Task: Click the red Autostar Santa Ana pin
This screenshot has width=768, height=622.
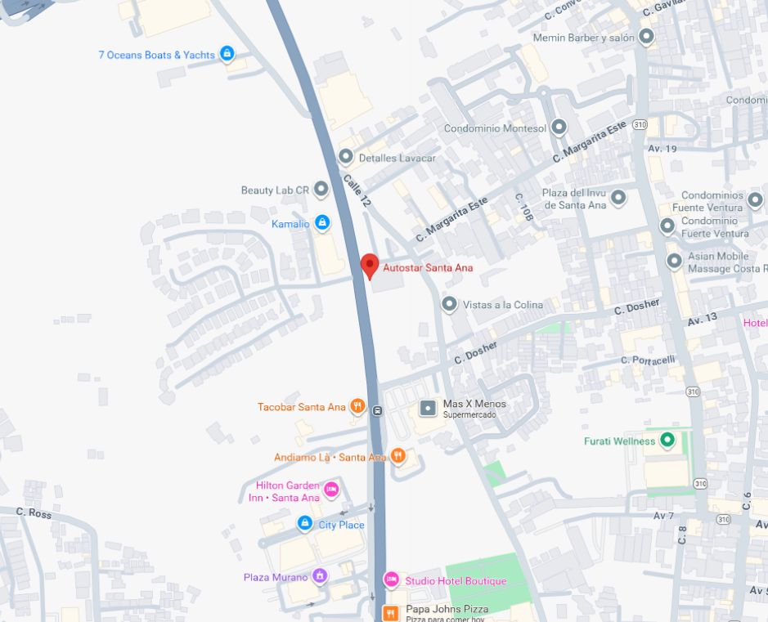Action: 370,266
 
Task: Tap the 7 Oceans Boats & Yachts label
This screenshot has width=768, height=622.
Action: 156,55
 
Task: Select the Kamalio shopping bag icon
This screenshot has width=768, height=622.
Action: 322,222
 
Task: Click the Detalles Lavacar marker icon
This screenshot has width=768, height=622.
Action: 346,157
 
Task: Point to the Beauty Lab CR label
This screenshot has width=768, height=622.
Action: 275,190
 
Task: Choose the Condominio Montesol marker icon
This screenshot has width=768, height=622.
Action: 559,128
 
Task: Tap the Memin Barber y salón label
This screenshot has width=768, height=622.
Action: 585,38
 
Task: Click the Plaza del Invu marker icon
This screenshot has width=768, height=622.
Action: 618,198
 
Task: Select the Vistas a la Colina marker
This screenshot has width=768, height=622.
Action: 449,304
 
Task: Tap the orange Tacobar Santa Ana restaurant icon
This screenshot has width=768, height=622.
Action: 357,406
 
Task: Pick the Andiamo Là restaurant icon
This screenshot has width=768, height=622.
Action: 397,456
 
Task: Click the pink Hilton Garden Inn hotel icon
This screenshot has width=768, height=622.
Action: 331,490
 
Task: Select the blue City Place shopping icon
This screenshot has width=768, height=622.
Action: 304,523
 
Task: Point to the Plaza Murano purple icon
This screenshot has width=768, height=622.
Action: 320,576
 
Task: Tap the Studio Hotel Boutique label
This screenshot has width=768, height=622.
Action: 456,581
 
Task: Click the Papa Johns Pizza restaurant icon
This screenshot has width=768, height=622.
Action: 392,612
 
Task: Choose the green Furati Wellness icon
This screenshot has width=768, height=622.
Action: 667,441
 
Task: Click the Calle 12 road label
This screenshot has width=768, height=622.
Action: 356,189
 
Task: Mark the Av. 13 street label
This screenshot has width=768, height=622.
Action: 703,318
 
